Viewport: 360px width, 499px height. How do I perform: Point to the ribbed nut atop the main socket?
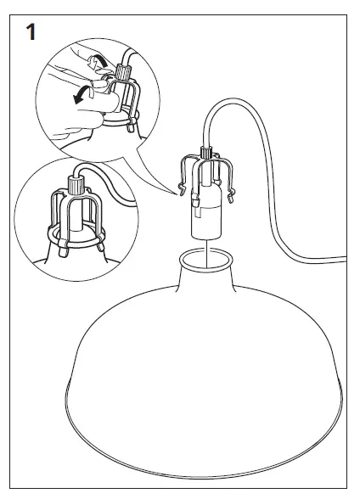204,154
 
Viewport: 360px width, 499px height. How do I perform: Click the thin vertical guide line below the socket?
204,245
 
